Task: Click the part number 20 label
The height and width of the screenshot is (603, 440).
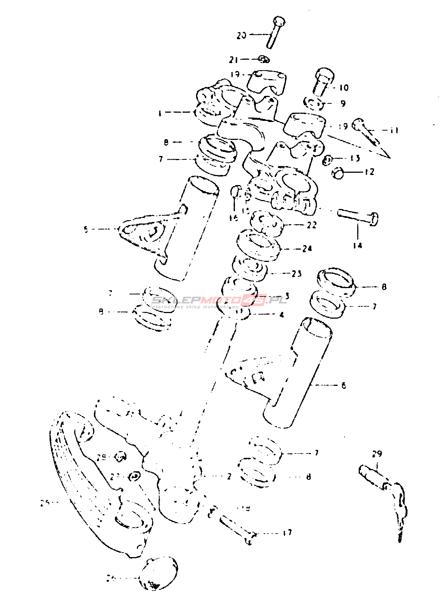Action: click(242, 35)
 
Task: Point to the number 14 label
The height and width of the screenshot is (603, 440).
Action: click(357, 246)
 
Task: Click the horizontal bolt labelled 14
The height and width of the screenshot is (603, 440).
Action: click(358, 216)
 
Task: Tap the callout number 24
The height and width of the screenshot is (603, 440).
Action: click(307, 249)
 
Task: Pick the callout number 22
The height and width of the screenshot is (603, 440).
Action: click(311, 225)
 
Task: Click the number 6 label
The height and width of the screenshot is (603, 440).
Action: click(343, 385)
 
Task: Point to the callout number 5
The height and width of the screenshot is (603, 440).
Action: click(86, 230)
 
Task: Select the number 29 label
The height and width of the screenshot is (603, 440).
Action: click(377, 454)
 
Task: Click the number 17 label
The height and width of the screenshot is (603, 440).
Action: click(287, 533)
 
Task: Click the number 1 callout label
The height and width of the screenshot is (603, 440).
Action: click(160, 113)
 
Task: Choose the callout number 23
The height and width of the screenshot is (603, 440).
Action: click(296, 274)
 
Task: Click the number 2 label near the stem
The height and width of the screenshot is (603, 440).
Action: click(229, 476)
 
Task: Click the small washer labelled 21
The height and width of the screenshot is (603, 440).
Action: click(264, 59)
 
